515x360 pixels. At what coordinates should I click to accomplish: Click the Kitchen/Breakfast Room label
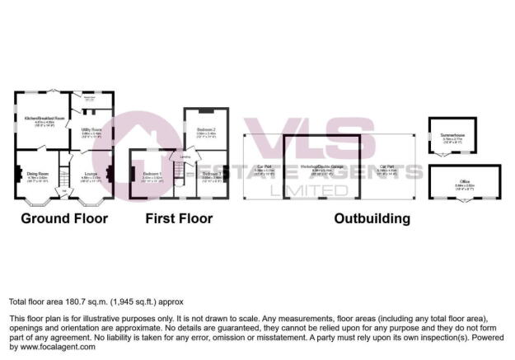point(44,119)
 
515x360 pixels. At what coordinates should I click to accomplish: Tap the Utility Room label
point(91,130)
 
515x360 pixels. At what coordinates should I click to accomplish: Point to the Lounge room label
point(91,174)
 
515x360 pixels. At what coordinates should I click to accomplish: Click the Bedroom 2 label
point(206,130)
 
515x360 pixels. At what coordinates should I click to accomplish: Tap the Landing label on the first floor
point(186,157)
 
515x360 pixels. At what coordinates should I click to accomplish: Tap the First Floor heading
point(179,219)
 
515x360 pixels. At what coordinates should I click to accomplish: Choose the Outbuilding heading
point(372,219)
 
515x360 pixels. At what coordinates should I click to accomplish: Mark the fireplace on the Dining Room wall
point(16,174)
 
